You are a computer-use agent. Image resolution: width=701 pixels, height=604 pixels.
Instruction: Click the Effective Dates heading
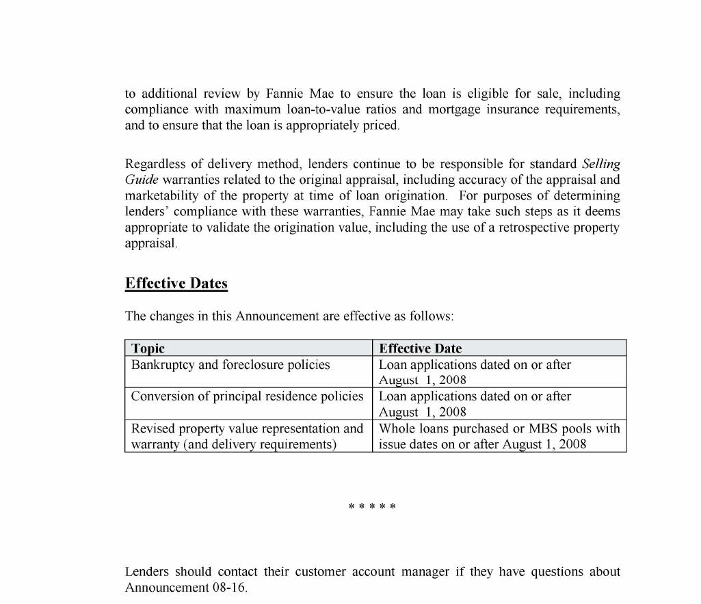coord(176,284)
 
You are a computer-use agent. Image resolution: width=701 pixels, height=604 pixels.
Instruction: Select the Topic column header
coord(148,348)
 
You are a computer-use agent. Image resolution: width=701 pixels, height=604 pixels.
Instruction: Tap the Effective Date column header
coord(420,348)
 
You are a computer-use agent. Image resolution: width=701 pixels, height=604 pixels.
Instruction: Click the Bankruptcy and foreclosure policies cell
coord(230,365)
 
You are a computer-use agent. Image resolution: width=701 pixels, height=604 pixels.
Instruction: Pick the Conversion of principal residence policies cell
coord(247,396)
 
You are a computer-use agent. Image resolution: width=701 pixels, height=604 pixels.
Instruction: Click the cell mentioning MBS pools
coord(499,436)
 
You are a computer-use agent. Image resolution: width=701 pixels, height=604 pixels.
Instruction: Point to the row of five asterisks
coord(372,508)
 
